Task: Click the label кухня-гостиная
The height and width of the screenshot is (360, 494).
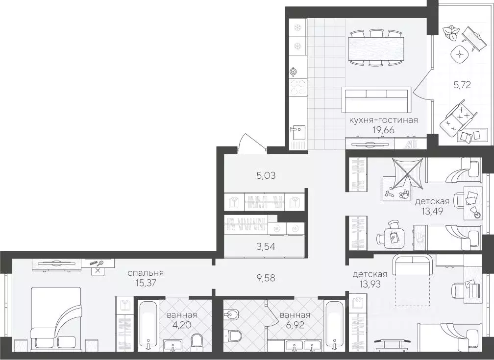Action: click(x=383, y=120)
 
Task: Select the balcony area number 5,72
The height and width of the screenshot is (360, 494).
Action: click(x=462, y=84)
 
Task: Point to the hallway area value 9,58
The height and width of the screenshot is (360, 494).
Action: click(x=265, y=278)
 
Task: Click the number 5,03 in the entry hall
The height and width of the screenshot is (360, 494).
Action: click(x=265, y=175)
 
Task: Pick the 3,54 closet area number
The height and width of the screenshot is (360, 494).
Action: click(x=265, y=246)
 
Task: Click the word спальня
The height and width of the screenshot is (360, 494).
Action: click(x=146, y=273)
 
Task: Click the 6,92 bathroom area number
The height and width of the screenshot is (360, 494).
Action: click(x=295, y=325)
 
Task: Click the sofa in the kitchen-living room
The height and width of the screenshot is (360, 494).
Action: click(x=376, y=100)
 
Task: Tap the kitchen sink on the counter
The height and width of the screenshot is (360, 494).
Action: click(x=297, y=131)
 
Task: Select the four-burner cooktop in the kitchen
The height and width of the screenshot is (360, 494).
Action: click(x=298, y=88)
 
